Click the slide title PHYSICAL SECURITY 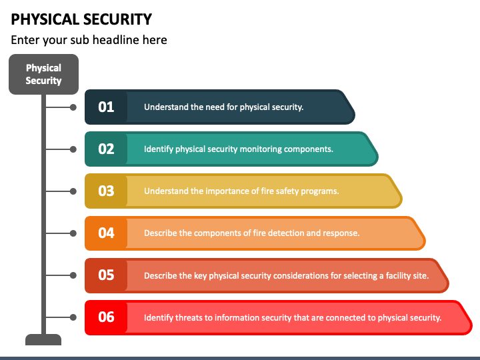pos(81,19)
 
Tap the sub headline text pos(89,40)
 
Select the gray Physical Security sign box pos(43,74)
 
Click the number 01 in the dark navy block pos(106,107)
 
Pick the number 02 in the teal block pos(106,149)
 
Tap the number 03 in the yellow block pos(106,191)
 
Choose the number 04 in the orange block pos(106,233)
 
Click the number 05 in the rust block pos(106,275)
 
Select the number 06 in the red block pos(106,317)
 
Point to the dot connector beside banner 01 pos(73,107)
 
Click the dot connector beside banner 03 pos(73,191)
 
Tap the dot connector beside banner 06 pos(73,317)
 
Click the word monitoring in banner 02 pos(261,149)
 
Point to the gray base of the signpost pos(43,339)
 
